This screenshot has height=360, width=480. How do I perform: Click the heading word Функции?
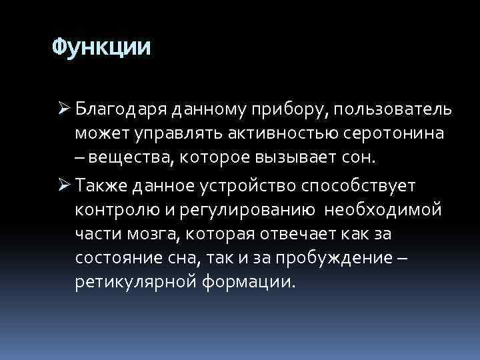click(x=102, y=47)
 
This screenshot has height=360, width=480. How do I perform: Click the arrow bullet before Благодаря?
click(x=63, y=109)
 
